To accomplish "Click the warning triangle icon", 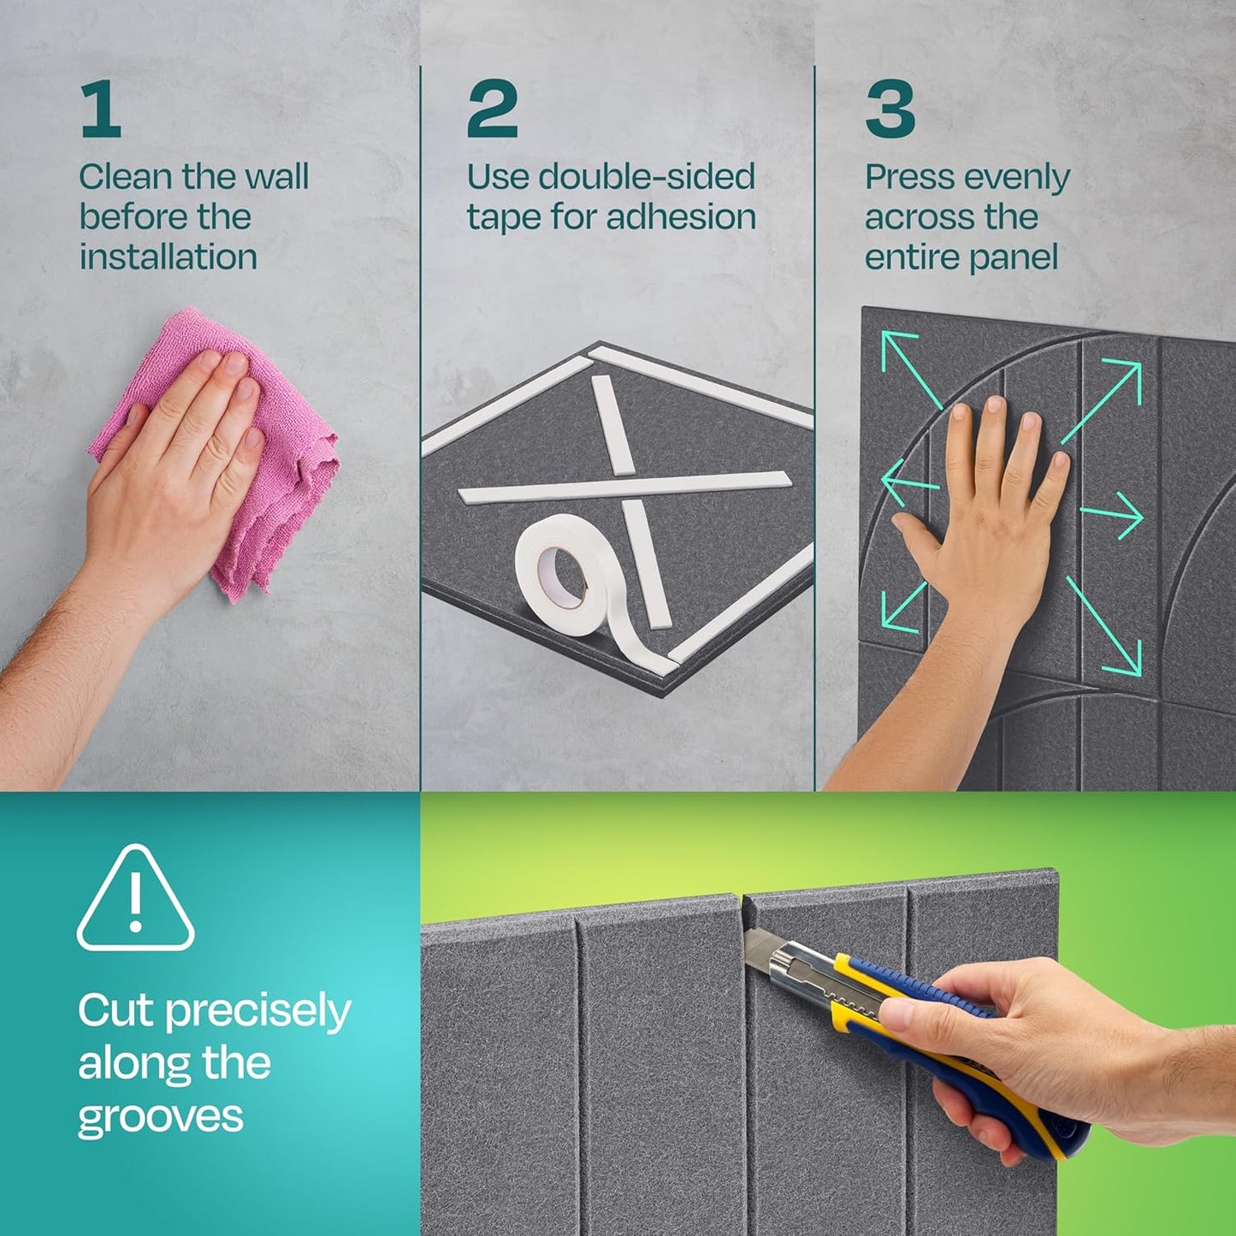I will tap(135, 900).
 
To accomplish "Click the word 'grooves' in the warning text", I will tap(161, 1118).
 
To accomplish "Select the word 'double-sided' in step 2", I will tap(647, 177).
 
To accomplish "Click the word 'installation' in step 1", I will tap(169, 257).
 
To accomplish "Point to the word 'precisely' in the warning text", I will tap(257, 1012).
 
